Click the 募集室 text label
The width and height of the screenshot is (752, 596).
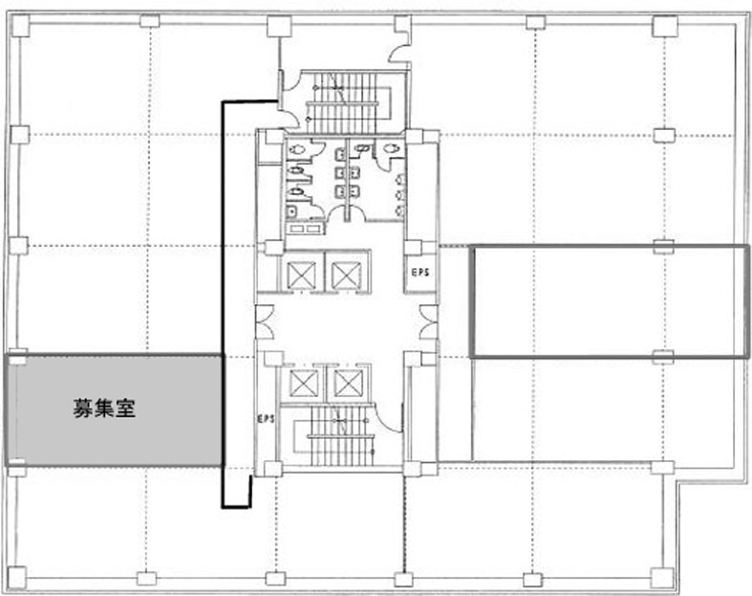[104, 408]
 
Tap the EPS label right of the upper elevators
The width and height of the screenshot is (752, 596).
[420, 273]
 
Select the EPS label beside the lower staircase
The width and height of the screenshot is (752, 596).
[266, 419]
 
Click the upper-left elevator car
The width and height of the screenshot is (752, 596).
[301, 276]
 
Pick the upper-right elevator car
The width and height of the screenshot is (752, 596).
[346, 276]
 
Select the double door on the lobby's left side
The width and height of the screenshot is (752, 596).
[265, 321]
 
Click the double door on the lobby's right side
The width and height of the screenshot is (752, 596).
[428, 321]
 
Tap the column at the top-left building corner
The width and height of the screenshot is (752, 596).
[21, 24]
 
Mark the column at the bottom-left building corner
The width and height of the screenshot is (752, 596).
[17, 577]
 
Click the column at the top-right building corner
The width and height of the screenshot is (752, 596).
[665, 26]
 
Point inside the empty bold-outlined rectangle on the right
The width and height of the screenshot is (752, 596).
[609, 301]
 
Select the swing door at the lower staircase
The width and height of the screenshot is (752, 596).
[391, 418]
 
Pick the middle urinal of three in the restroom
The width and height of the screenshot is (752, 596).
[400, 195]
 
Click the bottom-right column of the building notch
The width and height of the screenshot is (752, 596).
[662, 577]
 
